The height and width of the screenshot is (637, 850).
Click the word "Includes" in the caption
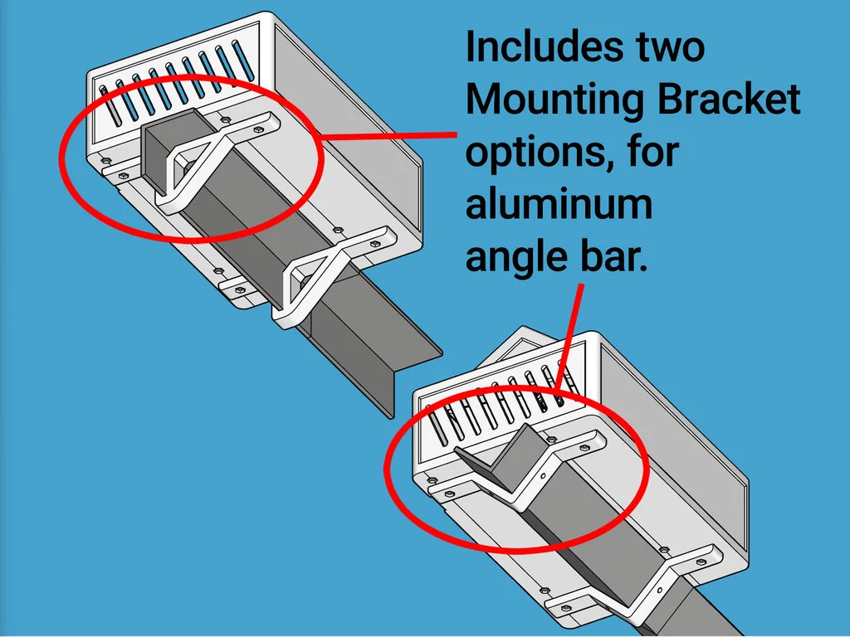pos(544,46)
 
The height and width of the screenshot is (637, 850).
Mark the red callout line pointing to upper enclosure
pos(388,136)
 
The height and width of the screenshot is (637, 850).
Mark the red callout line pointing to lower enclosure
pos(569,337)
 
